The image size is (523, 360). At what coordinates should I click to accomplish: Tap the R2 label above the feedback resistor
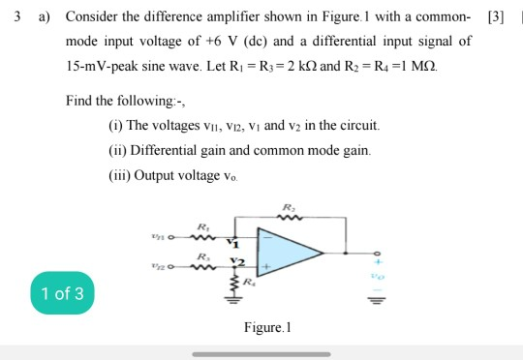tap(288, 207)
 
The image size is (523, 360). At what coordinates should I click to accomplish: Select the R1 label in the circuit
tap(200, 225)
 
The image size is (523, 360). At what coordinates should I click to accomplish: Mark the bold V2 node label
tap(236, 261)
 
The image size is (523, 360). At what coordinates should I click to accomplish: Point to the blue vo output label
tap(369, 276)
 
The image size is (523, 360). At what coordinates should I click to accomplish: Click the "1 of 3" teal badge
tap(63, 293)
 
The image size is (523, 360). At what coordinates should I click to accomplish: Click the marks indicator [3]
tap(496, 17)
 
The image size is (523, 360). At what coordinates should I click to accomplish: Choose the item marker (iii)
tap(120, 176)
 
